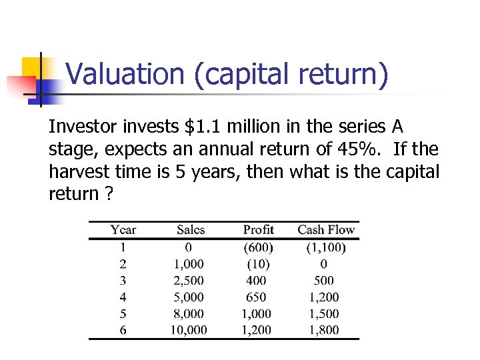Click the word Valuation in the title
click(125, 75)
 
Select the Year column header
click(123, 230)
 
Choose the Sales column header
click(191, 230)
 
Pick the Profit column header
click(259, 230)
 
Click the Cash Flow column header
click(326, 230)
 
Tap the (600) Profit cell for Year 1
click(259, 247)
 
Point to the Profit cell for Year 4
click(256, 297)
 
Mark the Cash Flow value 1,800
click(324, 330)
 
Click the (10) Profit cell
click(259, 264)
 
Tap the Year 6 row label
click(123, 330)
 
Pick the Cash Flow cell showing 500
click(324, 281)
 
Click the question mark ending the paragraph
click(108, 194)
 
